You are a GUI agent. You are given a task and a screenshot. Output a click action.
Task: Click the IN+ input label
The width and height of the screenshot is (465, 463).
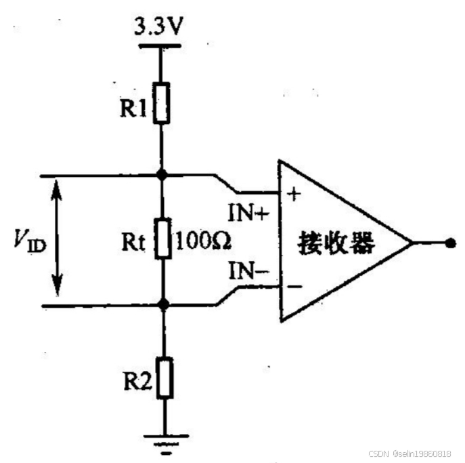(x=249, y=215)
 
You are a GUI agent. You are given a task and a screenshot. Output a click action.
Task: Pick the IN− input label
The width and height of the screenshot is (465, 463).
(x=249, y=273)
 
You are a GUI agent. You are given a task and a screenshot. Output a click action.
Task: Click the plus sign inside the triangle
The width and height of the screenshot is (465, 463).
(x=294, y=195)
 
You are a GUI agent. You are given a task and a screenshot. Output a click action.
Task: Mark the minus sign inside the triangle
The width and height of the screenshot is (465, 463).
(x=294, y=287)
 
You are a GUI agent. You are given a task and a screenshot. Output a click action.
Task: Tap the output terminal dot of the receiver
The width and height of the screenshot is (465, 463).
(x=449, y=242)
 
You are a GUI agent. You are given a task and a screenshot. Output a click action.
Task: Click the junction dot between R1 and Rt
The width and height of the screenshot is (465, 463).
(x=162, y=175)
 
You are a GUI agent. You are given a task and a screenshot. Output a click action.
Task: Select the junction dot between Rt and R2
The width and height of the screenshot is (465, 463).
(x=162, y=305)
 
